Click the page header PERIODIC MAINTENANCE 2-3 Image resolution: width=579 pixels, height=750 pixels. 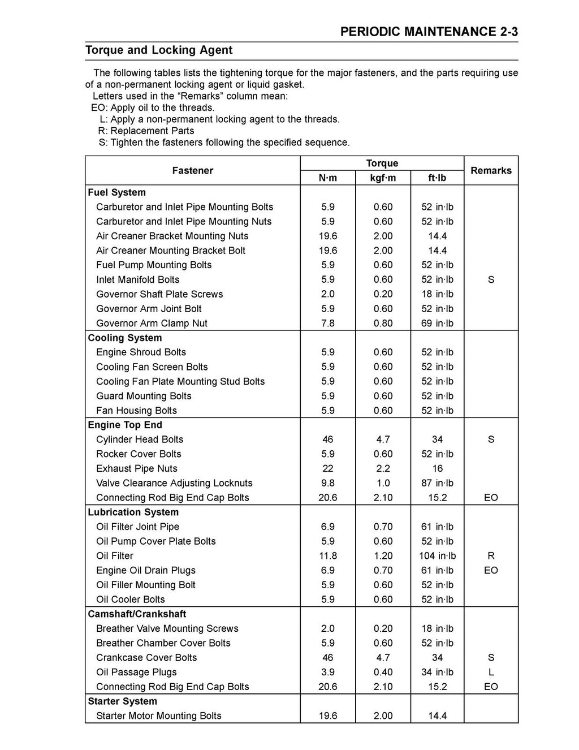pyautogui.click(x=429, y=32)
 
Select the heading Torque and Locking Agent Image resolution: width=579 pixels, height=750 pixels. pyautogui.click(x=159, y=50)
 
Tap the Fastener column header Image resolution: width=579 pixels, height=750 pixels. pyautogui.click(x=192, y=170)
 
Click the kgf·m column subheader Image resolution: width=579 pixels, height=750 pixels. pyautogui.click(x=383, y=178)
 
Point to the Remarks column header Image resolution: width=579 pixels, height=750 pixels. pyautogui.click(x=491, y=170)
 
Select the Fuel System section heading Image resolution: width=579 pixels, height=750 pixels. pyautogui.click(x=117, y=192)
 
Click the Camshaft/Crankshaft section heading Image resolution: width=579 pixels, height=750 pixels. pyautogui.click(x=137, y=614)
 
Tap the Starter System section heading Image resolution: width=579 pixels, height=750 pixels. pyautogui.click(x=123, y=701)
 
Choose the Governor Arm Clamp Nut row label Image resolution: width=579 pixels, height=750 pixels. pyautogui.click(x=152, y=324)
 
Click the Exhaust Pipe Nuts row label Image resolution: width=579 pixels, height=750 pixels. pyautogui.click(x=137, y=468)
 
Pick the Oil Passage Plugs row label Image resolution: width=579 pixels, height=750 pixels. pyautogui.click(x=136, y=672)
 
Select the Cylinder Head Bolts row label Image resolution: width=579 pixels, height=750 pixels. pyautogui.click(x=140, y=439)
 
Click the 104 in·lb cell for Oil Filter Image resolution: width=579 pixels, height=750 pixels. pyautogui.click(x=437, y=555)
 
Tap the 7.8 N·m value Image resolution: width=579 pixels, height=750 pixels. pyautogui.click(x=327, y=324)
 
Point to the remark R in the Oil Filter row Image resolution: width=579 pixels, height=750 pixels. pyautogui.click(x=491, y=555)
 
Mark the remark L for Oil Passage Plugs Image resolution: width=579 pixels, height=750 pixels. pyautogui.click(x=491, y=672)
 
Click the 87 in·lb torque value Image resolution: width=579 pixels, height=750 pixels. pyautogui.click(x=437, y=483)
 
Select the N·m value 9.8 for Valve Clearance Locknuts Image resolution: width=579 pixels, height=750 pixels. pyautogui.click(x=327, y=483)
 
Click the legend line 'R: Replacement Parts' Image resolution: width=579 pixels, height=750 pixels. pyautogui.click(x=146, y=131)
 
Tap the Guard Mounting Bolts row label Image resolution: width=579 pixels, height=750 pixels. pyautogui.click(x=144, y=396)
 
